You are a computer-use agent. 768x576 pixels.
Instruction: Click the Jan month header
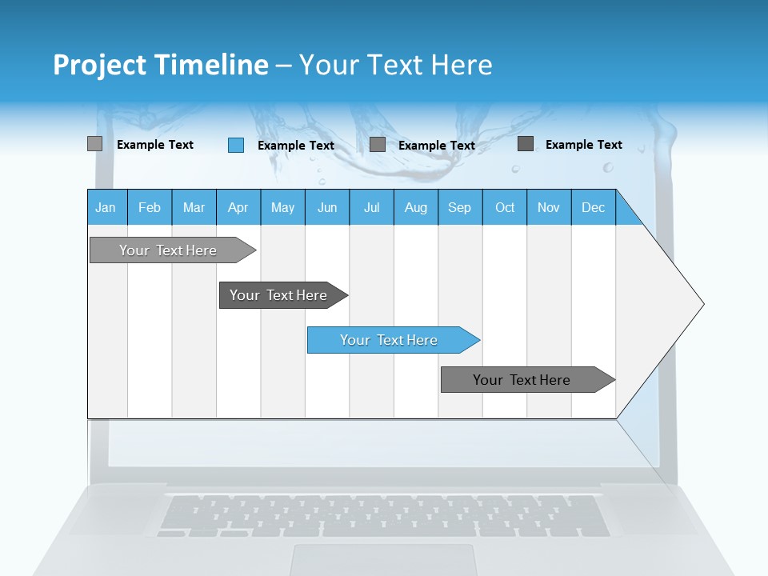[106, 207]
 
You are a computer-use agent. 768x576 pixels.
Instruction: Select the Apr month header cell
[238, 207]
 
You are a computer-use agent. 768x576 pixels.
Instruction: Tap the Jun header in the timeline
[327, 207]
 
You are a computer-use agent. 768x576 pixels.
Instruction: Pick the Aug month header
[415, 207]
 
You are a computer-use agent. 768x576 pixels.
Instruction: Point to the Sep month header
[459, 207]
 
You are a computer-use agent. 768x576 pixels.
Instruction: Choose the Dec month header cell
[593, 207]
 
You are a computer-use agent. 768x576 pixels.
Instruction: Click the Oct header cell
[505, 207]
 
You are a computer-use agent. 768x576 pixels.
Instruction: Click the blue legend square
[236, 145]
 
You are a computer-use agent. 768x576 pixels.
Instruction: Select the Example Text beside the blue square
[295, 146]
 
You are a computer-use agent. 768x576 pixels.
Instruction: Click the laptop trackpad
[384, 559]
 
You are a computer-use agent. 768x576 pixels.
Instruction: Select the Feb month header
[150, 207]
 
